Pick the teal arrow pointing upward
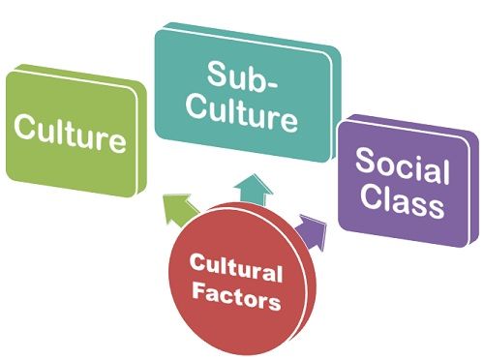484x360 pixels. pos(254,189)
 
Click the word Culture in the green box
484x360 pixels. pos(70,138)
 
